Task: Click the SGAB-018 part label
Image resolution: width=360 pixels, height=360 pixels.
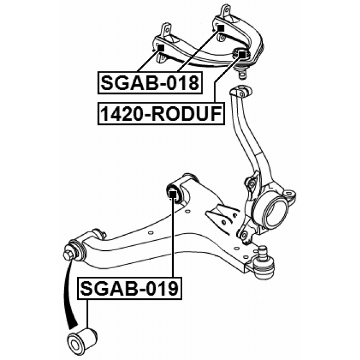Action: tap(150, 83)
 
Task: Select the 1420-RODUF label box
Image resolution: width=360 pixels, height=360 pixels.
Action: tap(161, 114)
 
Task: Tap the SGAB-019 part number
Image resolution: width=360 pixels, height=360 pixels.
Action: tap(130, 289)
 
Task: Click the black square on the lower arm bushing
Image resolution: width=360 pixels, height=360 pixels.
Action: tap(173, 195)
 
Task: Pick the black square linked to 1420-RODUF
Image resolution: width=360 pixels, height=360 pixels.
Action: tap(242, 55)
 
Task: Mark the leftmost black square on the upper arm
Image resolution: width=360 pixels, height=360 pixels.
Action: tap(161, 48)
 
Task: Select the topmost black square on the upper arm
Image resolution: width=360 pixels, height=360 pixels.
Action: tap(220, 28)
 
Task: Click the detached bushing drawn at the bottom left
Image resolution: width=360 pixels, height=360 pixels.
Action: tap(83, 341)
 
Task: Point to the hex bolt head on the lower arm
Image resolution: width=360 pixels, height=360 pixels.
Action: tap(67, 253)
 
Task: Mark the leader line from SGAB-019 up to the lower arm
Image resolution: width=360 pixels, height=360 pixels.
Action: tap(173, 237)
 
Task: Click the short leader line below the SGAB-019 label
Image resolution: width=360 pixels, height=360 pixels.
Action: tap(87, 314)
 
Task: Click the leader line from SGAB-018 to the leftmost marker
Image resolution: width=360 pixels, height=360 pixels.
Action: tap(149, 61)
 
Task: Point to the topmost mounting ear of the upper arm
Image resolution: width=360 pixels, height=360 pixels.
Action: tap(225, 11)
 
